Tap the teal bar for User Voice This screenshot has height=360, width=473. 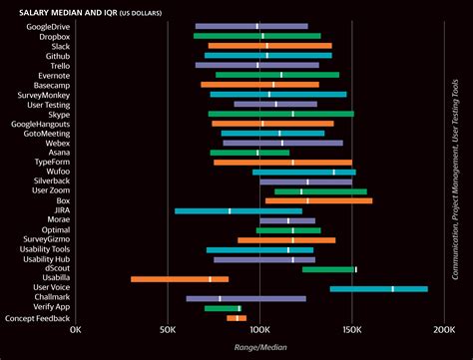pos(378,288)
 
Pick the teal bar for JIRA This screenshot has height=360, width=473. pos(237,210)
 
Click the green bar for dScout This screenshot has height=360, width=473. pos(328,269)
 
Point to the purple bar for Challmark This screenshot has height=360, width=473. pos(245,298)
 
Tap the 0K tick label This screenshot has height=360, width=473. pos(76,327)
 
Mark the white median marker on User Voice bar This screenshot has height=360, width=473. pos(392,288)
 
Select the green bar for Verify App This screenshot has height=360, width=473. pos(223,308)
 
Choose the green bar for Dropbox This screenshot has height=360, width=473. pos(256,36)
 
